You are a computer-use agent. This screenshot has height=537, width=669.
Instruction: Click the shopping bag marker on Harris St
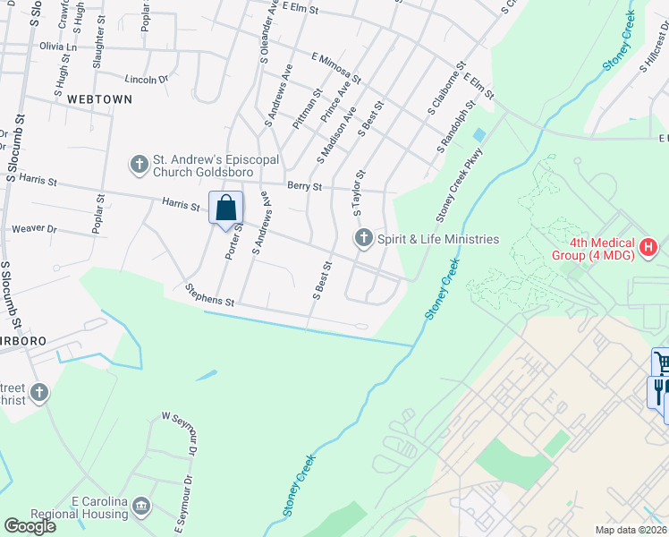[226, 208]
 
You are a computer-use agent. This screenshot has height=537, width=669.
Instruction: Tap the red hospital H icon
[648, 245]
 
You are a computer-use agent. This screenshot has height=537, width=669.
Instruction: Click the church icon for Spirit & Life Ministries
[363, 239]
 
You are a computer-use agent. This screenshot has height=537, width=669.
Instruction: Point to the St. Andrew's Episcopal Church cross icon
[139, 164]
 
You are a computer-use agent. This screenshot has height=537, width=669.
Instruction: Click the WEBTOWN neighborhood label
[99, 99]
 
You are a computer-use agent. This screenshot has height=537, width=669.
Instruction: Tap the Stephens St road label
[208, 295]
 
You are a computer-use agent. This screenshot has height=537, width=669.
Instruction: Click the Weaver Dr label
[34, 230]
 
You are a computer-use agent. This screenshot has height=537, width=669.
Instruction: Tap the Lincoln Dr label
[147, 80]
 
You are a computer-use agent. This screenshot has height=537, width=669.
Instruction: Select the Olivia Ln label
[58, 46]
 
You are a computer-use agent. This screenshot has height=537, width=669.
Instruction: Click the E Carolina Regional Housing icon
[141, 507]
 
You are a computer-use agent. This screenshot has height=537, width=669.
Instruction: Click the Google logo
[30, 526]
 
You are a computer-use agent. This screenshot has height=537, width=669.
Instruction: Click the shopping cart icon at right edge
[660, 362]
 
